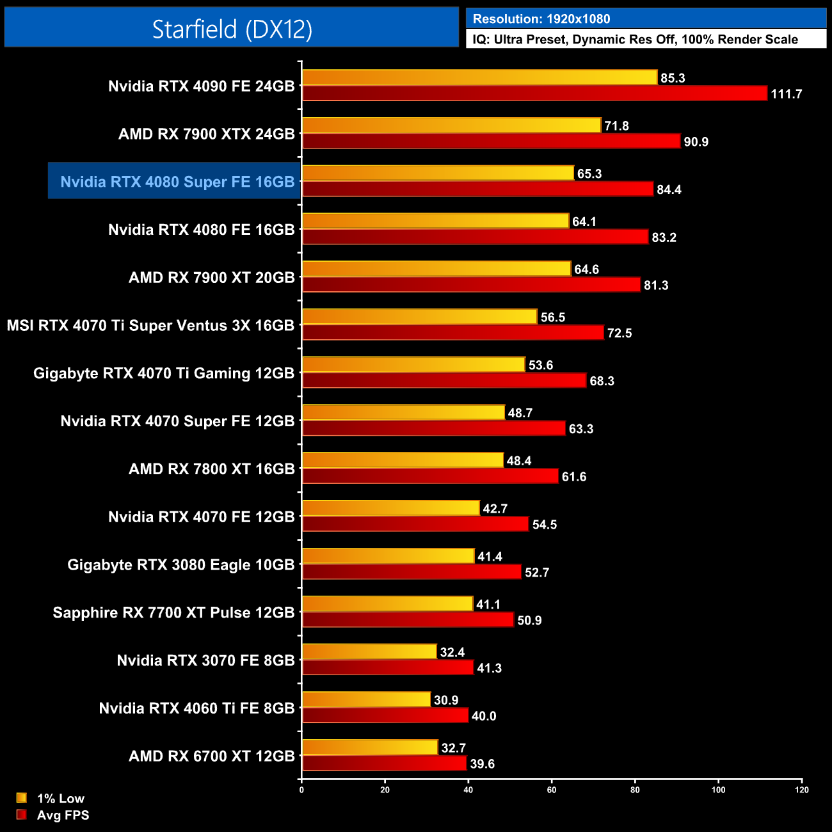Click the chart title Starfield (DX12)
pos(232,29)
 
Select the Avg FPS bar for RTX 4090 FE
pos(534,93)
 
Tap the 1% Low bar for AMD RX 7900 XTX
pos(451,125)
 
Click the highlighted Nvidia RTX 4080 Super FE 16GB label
pos(177,182)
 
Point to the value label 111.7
pos(786,94)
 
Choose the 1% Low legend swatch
pos(22,798)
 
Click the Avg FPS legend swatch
pos(22,815)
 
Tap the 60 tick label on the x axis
pos(552,790)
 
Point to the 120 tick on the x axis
pos(802,790)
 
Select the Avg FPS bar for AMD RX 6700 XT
pos(384,764)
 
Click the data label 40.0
pos(484,716)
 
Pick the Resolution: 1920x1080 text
pos(541,19)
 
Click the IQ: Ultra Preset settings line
pos(635,40)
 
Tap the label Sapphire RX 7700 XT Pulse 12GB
pos(173,612)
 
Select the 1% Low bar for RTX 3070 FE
pos(369,652)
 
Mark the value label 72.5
pos(620,333)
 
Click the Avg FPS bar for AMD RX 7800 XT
pos(430,476)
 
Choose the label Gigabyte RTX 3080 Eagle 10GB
pos(181,564)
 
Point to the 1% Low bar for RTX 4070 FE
pos(390,508)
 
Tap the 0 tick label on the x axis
pos(301,790)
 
